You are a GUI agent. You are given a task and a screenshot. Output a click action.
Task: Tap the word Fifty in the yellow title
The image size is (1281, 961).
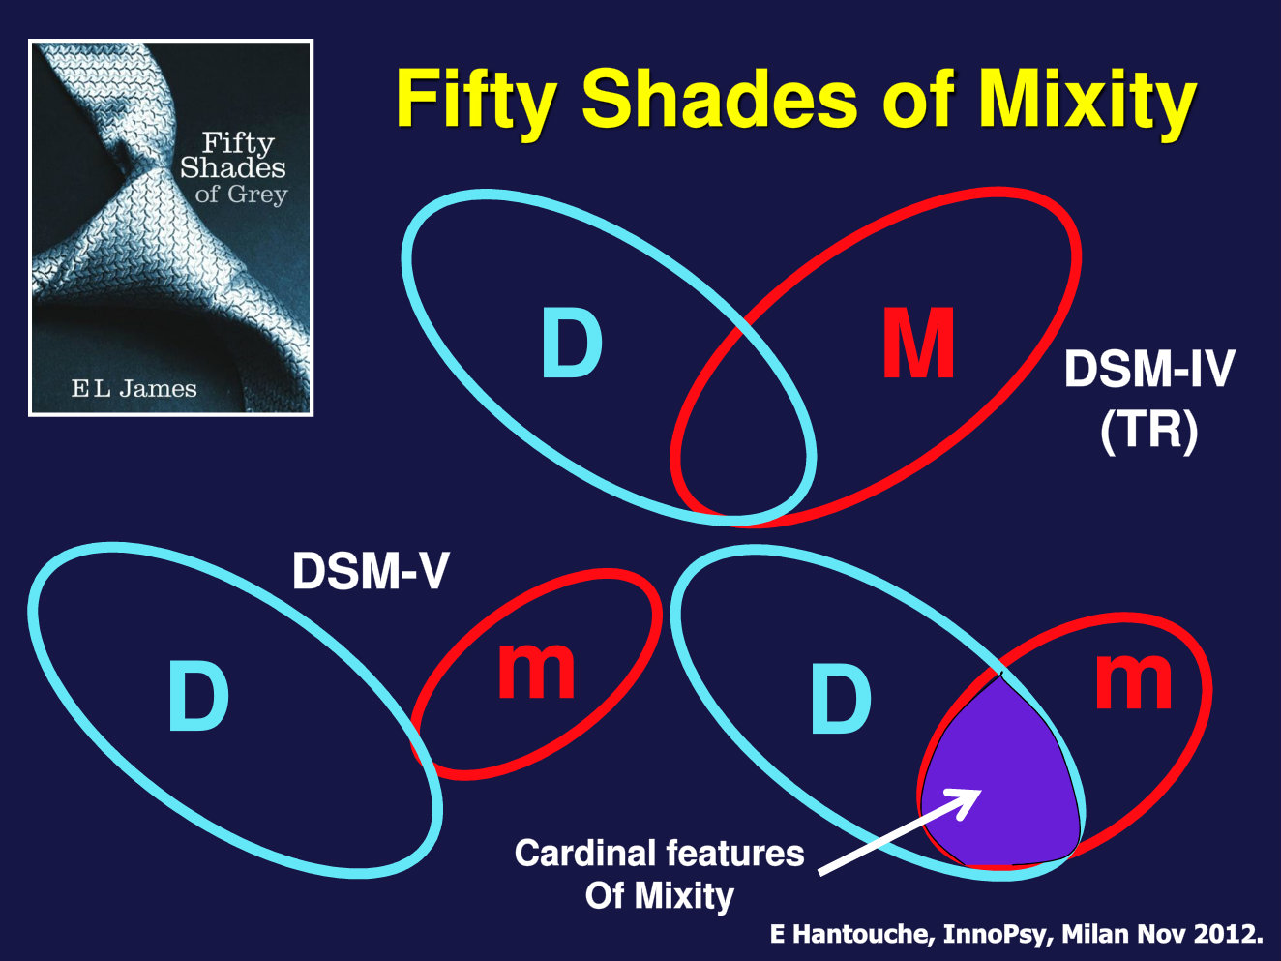click(x=476, y=99)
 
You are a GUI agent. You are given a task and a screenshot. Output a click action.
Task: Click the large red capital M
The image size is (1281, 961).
click(x=918, y=344)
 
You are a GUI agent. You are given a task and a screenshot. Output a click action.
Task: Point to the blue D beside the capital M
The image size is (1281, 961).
click(x=572, y=344)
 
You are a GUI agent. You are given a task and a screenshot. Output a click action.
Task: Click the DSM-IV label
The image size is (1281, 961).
click(x=1149, y=369)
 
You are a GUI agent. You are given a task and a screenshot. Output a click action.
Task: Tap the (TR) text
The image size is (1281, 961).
click(x=1148, y=431)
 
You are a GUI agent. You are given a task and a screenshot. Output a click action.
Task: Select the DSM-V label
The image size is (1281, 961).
click(x=371, y=571)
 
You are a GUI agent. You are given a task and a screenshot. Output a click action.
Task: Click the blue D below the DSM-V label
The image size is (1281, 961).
click(x=198, y=694)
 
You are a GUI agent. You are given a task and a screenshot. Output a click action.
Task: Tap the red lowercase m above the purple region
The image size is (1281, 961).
click(x=1133, y=681)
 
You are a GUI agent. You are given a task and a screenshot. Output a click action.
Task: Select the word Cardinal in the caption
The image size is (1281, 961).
click(x=585, y=853)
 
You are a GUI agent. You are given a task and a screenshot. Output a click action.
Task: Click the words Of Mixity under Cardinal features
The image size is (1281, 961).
click(x=660, y=895)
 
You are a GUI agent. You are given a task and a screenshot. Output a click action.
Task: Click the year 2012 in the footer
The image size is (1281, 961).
click(x=1227, y=934)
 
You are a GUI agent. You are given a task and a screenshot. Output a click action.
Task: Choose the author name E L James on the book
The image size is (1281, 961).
click(x=134, y=389)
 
